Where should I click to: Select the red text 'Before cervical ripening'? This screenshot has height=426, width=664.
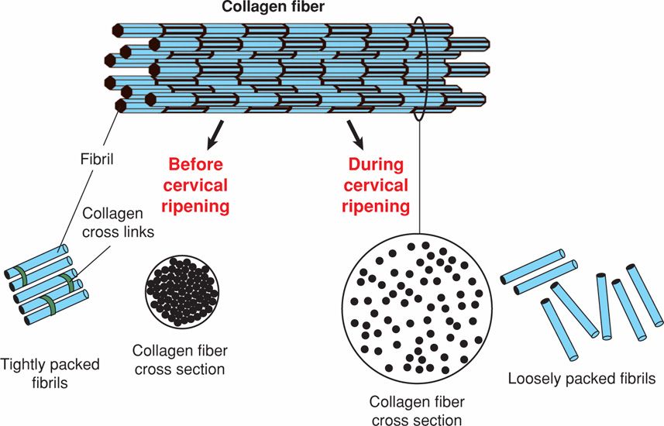tap(195, 186)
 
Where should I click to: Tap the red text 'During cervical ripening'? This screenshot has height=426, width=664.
tap(376, 186)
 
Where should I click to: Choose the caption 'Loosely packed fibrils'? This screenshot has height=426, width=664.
tap(582, 380)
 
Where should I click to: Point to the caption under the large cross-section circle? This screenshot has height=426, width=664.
tap(416, 411)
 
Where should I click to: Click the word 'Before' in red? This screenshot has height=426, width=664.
tap(195, 165)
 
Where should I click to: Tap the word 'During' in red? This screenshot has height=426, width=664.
tap(376, 165)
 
